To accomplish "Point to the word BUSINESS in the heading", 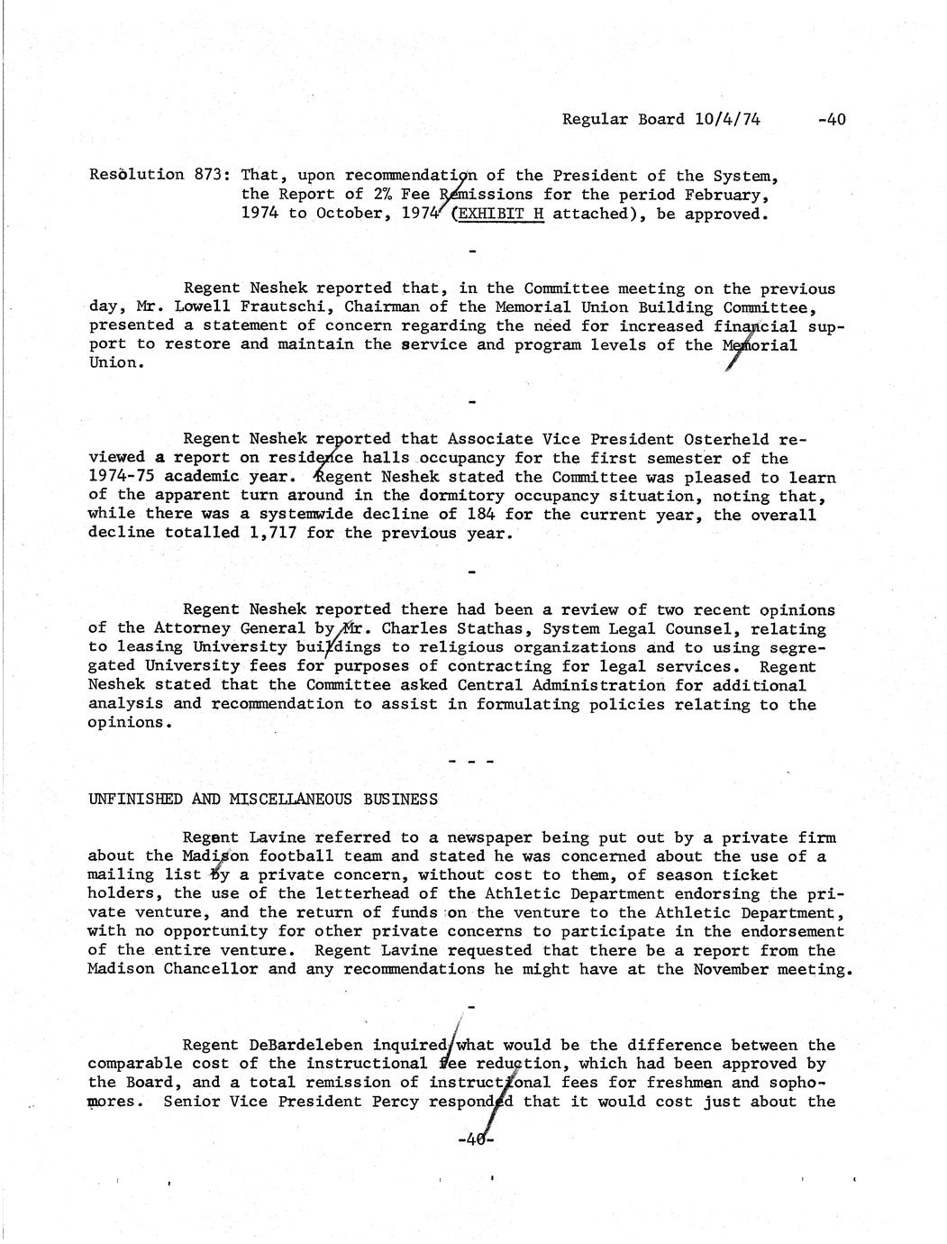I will pyautogui.click(x=401, y=800).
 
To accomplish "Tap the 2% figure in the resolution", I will pyautogui.click(x=381, y=194).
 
